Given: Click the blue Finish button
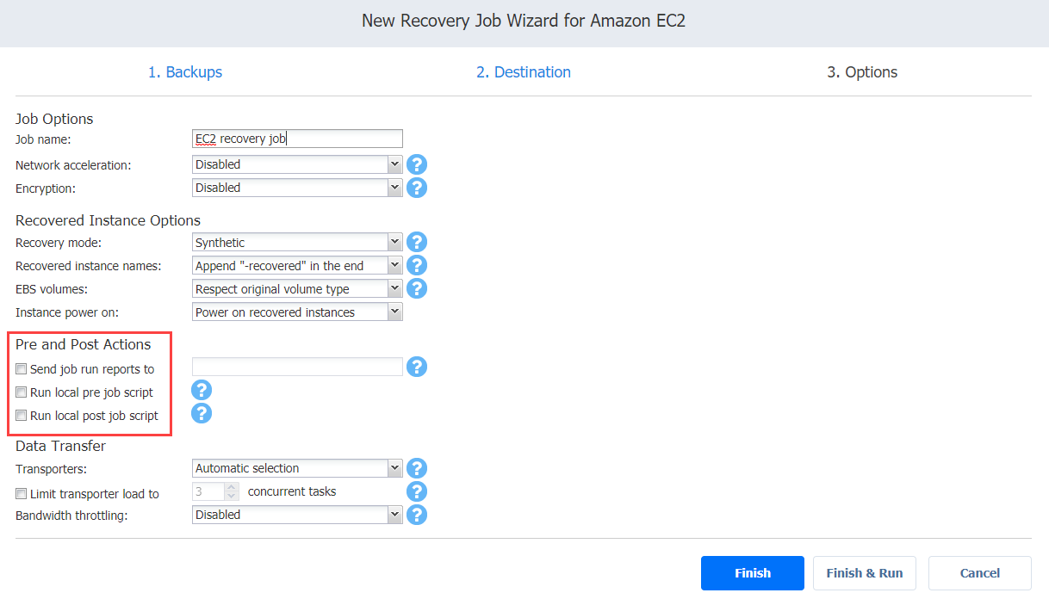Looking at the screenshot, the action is [x=752, y=573].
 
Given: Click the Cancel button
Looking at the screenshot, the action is [x=980, y=573].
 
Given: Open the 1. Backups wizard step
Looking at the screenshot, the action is [x=185, y=72].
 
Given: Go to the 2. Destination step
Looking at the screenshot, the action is [x=523, y=72].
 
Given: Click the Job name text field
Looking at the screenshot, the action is [x=297, y=139].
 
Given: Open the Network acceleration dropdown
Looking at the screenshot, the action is [x=297, y=164].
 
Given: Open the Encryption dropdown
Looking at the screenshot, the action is [x=297, y=188].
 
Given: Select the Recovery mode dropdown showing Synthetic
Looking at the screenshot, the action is [x=297, y=243].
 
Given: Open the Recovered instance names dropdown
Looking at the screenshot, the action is [x=297, y=266].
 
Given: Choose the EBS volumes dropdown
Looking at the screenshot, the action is [x=297, y=288].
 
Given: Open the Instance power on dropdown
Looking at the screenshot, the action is [x=297, y=312].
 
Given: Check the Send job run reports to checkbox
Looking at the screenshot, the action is [x=21, y=368].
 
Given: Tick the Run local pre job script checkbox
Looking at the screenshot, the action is [x=21, y=392].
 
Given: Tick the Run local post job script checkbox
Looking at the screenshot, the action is [x=21, y=415].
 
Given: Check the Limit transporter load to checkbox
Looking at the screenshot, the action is [x=21, y=493].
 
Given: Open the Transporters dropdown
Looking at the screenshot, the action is [x=297, y=468].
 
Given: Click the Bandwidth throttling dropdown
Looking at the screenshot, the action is [x=297, y=515].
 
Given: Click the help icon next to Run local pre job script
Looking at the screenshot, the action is [x=202, y=390].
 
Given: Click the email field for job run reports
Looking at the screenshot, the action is [x=297, y=367].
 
